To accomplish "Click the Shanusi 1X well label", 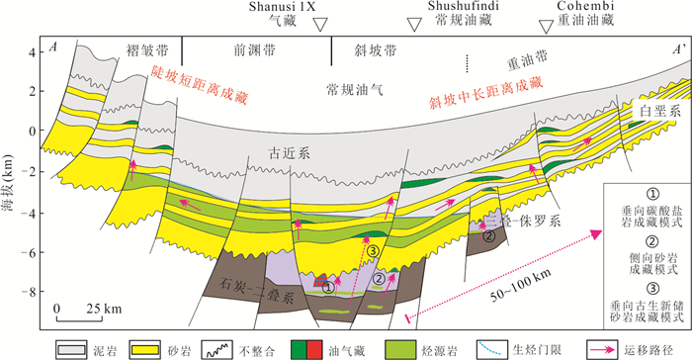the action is [282, 6].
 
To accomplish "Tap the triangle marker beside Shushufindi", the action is [414, 25].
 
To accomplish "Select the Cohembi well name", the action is [585, 6].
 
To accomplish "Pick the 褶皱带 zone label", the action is [147, 50].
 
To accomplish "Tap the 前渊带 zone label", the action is [254, 50].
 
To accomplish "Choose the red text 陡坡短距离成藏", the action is [199, 84].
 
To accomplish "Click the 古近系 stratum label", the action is [289, 153].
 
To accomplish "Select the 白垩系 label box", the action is [659, 111].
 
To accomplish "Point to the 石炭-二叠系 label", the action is [256, 290].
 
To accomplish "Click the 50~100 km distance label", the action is [521, 286].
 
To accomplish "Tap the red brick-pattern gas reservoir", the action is [320, 281].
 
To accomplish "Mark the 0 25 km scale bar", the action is [79, 313].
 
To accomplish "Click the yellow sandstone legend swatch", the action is [144, 350].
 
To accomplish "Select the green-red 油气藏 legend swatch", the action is [306, 350].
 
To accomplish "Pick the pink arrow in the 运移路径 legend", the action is [603, 350].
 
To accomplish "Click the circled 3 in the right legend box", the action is [651, 289].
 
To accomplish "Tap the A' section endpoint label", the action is [679, 48].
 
